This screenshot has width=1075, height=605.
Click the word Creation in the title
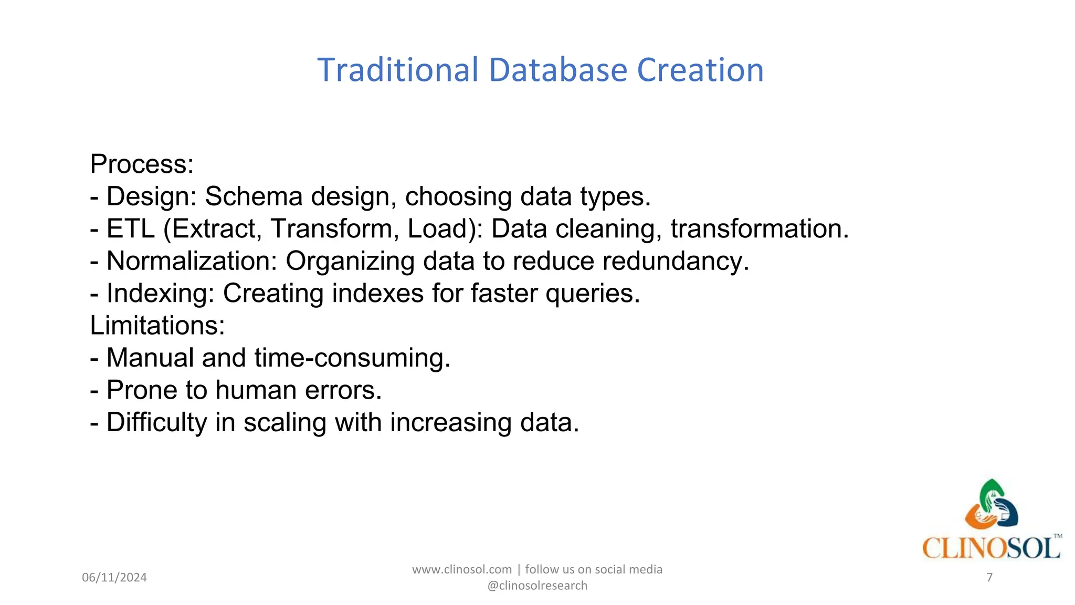[x=700, y=70]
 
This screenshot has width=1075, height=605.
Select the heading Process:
[x=142, y=164]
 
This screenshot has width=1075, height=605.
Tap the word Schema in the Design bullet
[x=254, y=197]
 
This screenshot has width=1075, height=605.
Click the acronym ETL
[x=131, y=229]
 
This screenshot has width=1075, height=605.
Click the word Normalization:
[x=192, y=261]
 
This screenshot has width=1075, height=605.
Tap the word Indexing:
[x=160, y=294]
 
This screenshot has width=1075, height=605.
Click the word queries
[x=593, y=294]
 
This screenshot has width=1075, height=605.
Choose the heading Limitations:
[x=157, y=326]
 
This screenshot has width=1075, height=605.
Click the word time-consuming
[x=352, y=358]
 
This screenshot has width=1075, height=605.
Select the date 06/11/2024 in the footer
[x=114, y=578]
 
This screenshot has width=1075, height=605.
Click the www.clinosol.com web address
[x=462, y=570]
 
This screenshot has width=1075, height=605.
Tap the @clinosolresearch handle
[x=537, y=586]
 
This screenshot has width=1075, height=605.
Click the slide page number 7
[x=989, y=578]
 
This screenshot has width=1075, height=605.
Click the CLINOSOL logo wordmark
[x=991, y=548]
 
